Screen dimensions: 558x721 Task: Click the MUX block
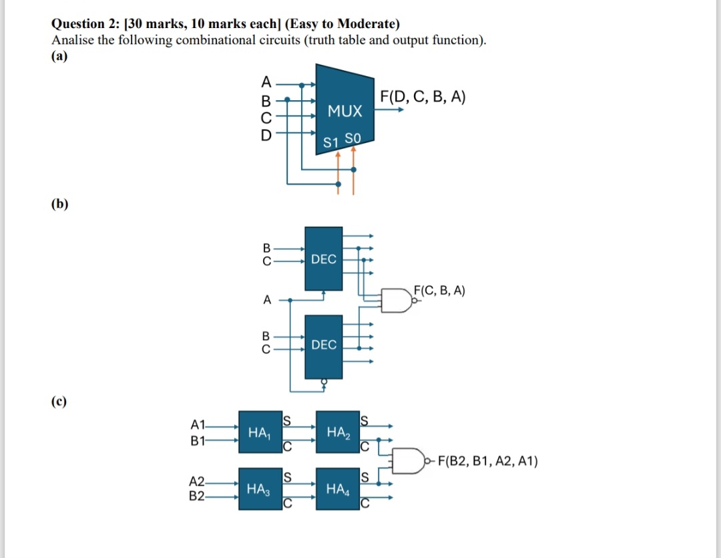point(344,110)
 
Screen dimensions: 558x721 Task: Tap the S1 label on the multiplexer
point(330,142)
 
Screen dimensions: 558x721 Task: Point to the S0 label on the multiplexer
point(352,139)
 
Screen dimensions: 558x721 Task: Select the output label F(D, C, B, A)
point(423,97)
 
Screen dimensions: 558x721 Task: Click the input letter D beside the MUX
point(266,134)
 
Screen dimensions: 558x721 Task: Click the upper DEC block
point(324,259)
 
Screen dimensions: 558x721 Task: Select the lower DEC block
point(324,345)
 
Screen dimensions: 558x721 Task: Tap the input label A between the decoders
point(267,300)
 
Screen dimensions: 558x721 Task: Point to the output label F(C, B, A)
point(439,290)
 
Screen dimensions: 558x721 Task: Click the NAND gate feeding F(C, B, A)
point(399,300)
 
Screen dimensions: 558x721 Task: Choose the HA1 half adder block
point(259,433)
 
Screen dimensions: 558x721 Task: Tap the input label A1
point(199,424)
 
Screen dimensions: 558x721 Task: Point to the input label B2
point(198,497)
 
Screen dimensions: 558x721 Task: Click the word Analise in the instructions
point(73,40)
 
